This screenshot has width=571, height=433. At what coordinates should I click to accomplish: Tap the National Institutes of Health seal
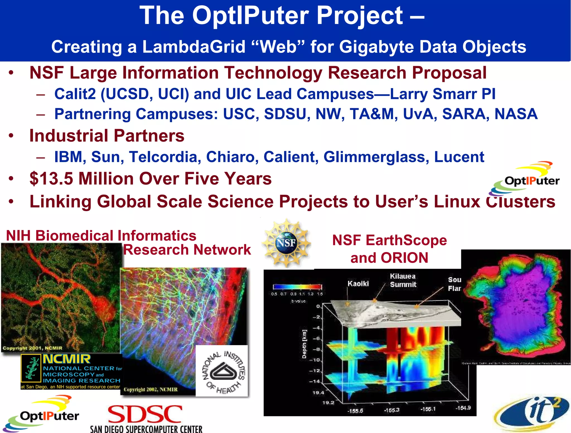tap(222, 371)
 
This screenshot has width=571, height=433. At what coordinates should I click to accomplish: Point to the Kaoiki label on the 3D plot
tap(358, 284)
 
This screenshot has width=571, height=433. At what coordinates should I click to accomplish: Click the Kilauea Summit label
tap(403, 280)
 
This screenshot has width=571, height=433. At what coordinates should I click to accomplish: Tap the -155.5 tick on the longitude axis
tap(355, 411)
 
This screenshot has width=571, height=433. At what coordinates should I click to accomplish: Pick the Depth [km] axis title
tap(304, 344)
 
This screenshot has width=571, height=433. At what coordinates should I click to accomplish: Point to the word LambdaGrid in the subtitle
tap(194, 47)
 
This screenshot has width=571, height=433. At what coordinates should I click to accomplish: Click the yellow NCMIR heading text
tap(67, 359)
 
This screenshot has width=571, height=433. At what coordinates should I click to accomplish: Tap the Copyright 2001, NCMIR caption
tap(32, 348)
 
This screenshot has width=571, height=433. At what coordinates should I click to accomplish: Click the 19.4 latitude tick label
tap(318, 393)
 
